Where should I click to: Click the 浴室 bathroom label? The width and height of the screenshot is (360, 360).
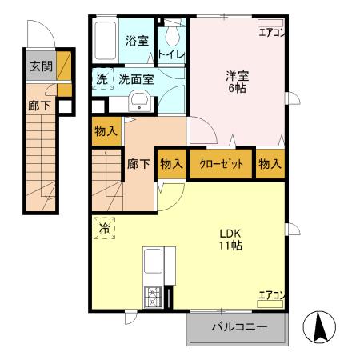[137, 41]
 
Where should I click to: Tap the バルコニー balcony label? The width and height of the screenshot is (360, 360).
[237, 326]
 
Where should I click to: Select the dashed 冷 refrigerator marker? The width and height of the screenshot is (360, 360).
[104, 228]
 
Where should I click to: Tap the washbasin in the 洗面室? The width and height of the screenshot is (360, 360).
[140, 102]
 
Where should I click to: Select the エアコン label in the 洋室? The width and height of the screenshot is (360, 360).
[270, 33]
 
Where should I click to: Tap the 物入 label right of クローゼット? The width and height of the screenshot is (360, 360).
[270, 163]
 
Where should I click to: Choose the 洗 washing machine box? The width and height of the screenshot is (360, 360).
[102, 80]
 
